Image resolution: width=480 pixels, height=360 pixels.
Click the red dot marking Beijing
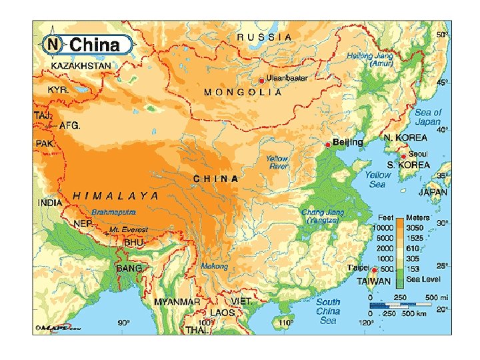click(327, 145)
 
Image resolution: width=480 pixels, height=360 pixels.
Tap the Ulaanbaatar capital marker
click(261, 80)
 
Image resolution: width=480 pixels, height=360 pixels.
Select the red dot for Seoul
click(403, 157)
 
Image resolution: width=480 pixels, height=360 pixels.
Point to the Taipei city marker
click(374, 270)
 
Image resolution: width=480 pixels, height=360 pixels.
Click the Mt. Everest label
click(129, 230)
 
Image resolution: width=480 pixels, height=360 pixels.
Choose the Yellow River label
click(277, 163)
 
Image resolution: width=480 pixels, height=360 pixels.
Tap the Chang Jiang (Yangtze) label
click(323, 216)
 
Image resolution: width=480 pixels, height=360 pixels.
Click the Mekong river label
click(215, 266)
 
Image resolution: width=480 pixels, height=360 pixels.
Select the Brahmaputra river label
click(114, 212)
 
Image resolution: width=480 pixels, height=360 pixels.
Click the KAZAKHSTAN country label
click(83, 67)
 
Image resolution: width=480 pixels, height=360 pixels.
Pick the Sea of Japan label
click(427, 117)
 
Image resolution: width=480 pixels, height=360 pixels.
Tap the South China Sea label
click(328, 311)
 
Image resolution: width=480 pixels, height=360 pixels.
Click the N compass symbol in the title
click(53, 45)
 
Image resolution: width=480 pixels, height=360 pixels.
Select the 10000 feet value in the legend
click(385, 228)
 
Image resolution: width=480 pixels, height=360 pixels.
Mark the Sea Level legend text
click(422, 279)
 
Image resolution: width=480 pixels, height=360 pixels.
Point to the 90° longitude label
click(124, 323)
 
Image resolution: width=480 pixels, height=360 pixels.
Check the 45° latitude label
click(441, 82)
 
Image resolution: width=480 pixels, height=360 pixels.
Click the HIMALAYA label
click(116, 196)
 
